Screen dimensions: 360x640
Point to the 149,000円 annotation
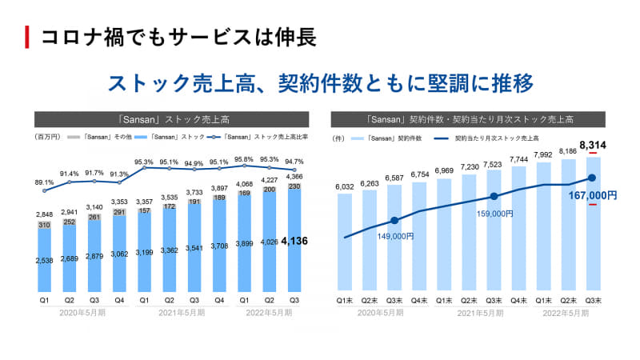(x=394, y=236)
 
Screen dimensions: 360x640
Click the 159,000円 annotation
(x=494, y=213)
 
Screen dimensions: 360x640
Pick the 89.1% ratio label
(x=44, y=182)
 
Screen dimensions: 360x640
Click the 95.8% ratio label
(x=244, y=159)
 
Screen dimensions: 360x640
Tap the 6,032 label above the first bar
(x=345, y=188)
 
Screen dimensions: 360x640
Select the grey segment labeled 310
(x=44, y=226)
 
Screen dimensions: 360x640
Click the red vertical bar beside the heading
(x=28, y=36)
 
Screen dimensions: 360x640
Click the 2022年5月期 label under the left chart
(x=269, y=313)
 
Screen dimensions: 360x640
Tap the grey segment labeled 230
(x=294, y=186)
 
